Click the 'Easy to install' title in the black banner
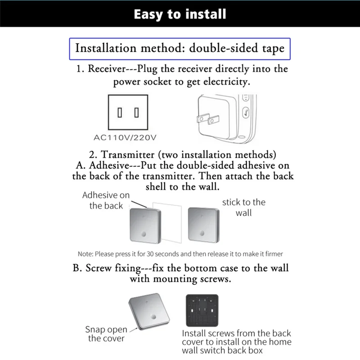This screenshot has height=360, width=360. (x=180, y=14)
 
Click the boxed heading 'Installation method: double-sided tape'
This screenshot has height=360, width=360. (x=180, y=48)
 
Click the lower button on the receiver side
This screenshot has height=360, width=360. (x=246, y=113)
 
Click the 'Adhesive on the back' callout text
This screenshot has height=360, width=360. (x=106, y=200)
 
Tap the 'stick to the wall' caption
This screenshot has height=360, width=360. (x=243, y=207)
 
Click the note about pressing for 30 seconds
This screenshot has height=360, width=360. (x=180, y=254)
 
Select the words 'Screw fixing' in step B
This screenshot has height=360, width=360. (x=113, y=268)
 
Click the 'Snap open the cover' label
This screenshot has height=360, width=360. (x=107, y=334)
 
